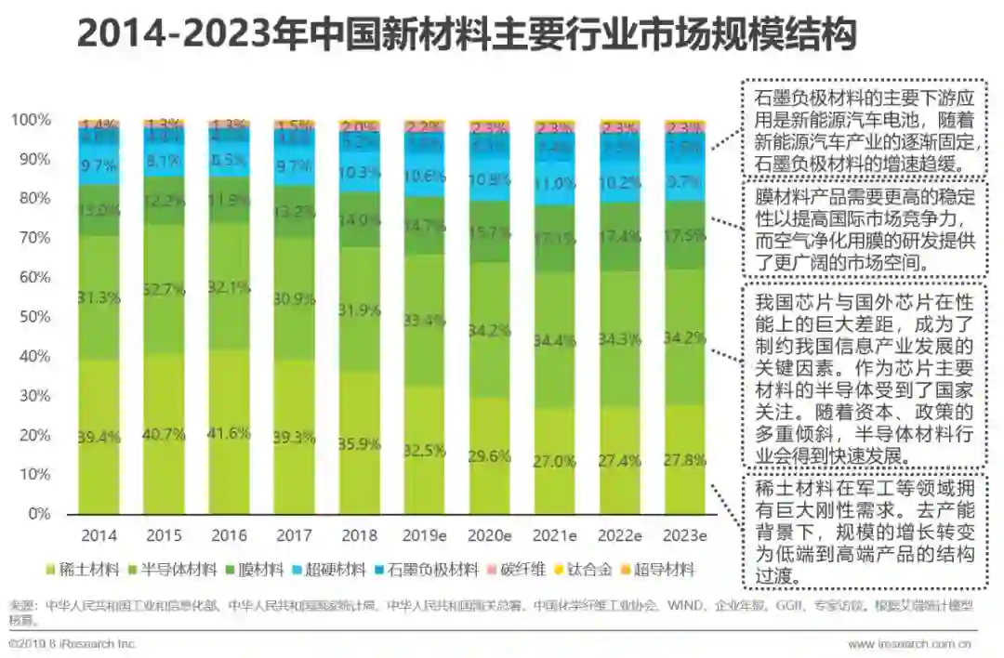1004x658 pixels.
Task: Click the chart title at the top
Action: point(465,35)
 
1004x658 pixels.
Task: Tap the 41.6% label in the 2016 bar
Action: point(229,433)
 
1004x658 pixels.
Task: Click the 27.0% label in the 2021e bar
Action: point(555,461)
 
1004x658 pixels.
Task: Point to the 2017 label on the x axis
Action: point(294,536)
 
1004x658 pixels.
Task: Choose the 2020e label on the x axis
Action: point(489,536)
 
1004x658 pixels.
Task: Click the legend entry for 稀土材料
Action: point(87,569)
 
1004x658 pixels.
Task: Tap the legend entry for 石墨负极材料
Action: point(433,569)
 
